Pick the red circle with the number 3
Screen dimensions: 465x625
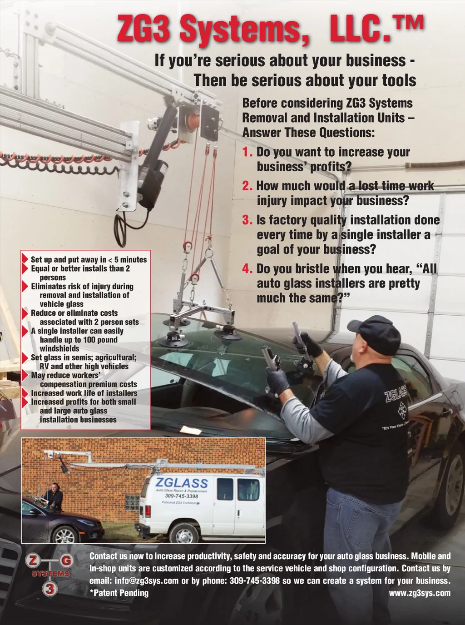(x=50, y=590)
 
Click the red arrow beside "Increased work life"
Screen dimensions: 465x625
(x=25, y=393)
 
